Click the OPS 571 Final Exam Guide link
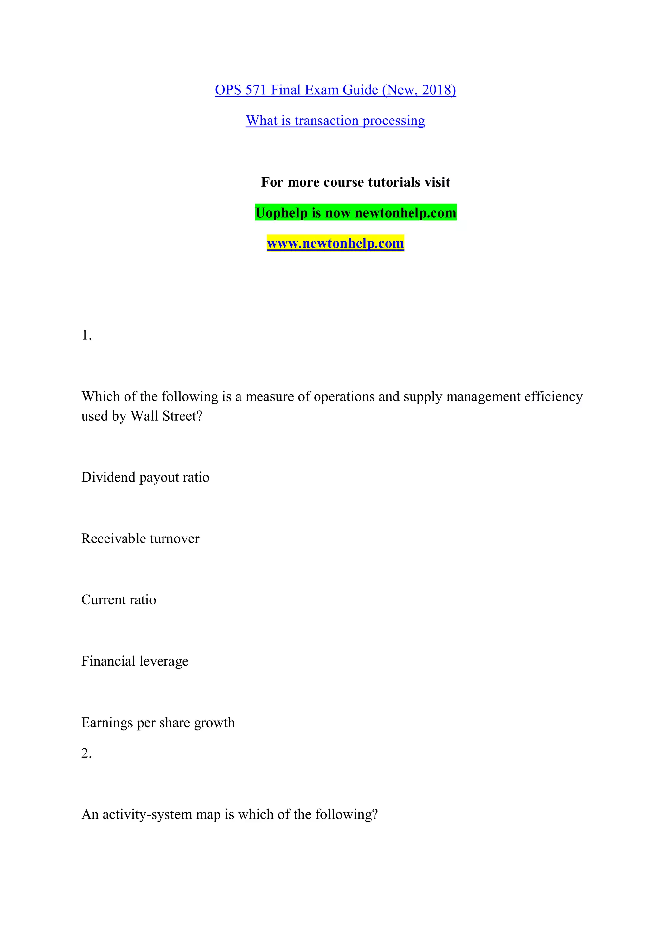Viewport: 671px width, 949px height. (x=335, y=90)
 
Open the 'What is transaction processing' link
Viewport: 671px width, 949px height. (x=335, y=121)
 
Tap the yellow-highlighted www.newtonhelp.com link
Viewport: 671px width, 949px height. (x=335, y=243)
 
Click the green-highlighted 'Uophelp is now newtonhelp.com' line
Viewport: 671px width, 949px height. (x=355, y=213)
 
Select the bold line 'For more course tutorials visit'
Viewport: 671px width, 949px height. (x=355, y=182)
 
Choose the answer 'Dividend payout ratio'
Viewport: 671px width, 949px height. (x=145, y=477)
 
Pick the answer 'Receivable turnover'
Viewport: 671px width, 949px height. (x=140, y=539)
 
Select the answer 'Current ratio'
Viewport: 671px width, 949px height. (x=119, y=600)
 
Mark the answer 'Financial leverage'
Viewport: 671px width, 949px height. (x=135, y=661)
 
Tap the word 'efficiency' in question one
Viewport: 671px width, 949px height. (x=553, y=397)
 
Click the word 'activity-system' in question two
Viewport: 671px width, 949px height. (x=147, y=815)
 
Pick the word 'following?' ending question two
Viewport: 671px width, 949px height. (x=346, y=815)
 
